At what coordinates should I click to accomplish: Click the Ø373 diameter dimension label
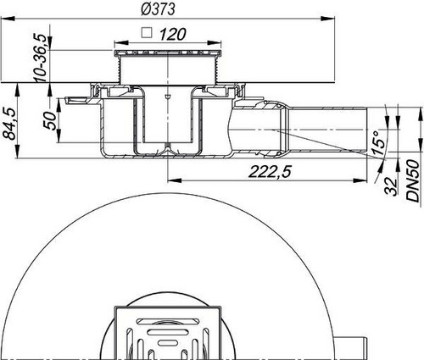point(158,8)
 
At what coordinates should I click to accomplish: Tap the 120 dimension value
point(173,35)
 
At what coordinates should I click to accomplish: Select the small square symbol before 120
point(147,33)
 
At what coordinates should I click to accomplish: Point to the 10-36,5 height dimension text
point(40,58)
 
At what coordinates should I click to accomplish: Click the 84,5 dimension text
point(10,124)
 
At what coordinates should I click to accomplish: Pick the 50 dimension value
point(50,120)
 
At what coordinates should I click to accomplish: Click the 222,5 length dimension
point(270,171)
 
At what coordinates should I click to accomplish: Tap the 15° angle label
point(378,143)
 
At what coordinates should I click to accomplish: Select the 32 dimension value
point(391,186)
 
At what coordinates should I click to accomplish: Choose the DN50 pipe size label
point(412,180)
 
